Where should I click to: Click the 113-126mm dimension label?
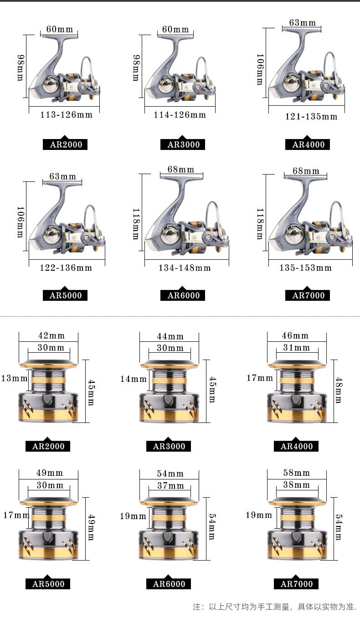[x=67, y=115]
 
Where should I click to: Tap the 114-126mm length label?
[x=180, y=115]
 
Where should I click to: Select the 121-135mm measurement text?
[x=311, y=116]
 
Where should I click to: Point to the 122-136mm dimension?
[x=66, y=268]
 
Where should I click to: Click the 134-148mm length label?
[x=185, y=268]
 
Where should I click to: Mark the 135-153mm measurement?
[x=306, y=268]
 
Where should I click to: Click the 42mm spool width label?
[x=51, y=335]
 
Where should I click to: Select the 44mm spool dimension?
[x=170, y=336]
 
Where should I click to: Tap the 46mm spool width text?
[x=295, y=335]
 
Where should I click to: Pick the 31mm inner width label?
[x=297, y=347]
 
